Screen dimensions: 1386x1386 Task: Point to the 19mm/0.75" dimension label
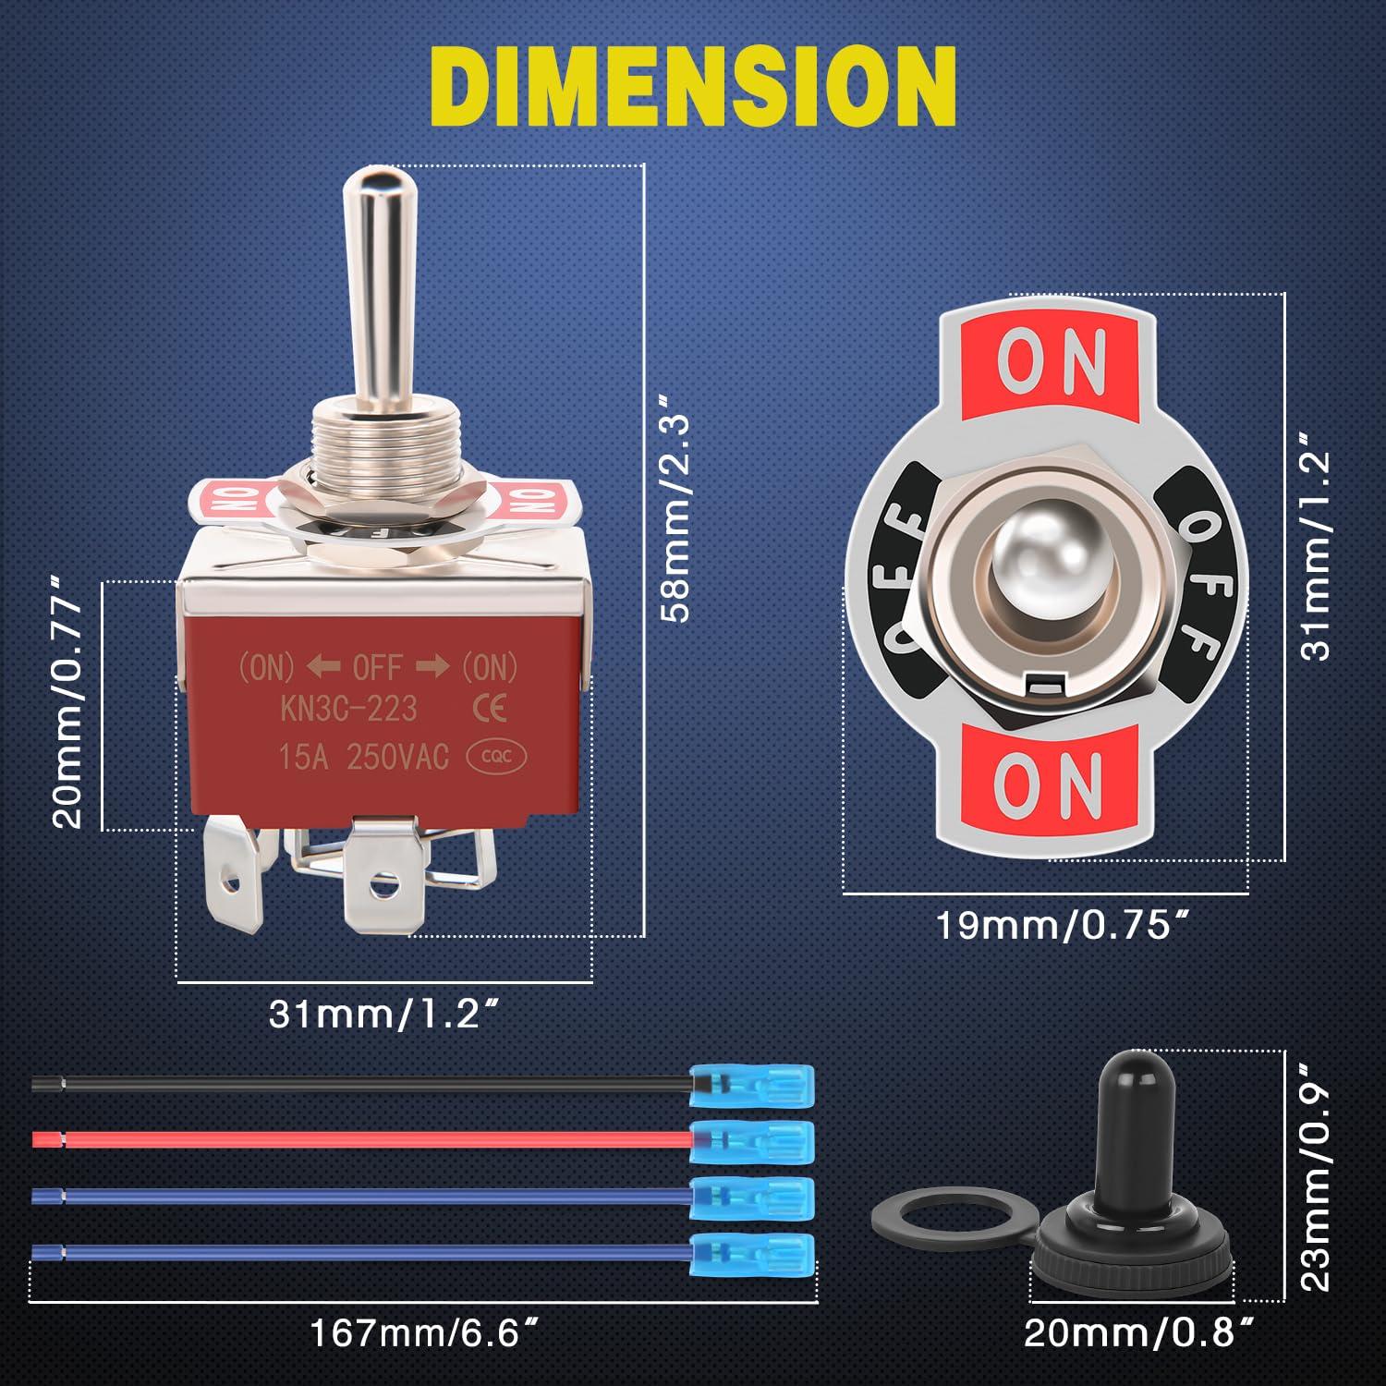point(1062,924)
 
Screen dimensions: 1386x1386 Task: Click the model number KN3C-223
point(349,710)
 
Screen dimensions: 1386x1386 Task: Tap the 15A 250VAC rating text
point(363,758)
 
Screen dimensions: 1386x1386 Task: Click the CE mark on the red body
point(489,709)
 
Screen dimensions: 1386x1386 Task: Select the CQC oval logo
point(499,758)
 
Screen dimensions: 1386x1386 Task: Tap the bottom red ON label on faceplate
point(1048,778)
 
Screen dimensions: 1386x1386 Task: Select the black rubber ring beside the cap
point(911,1225)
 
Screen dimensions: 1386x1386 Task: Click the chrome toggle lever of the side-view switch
point(367,277)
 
